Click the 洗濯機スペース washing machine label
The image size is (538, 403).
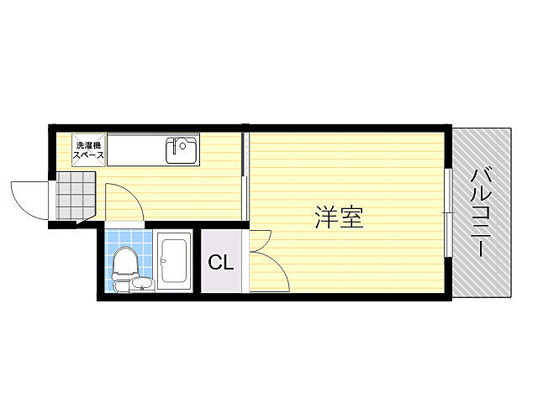87,150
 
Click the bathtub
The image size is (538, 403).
175,260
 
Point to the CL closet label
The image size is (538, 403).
221,263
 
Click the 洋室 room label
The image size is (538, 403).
339,218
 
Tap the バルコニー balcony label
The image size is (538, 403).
482,212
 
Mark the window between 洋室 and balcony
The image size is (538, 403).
447,214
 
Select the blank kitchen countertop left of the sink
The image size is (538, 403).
134,151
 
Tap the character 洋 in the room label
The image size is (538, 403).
327,218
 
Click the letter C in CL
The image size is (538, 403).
215,263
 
